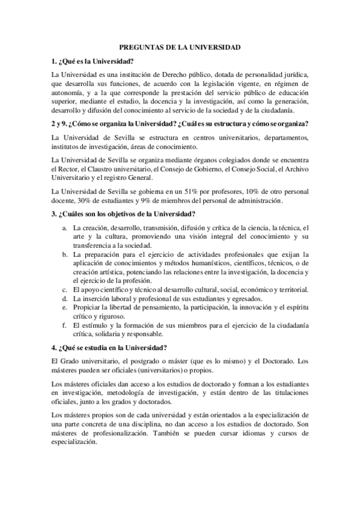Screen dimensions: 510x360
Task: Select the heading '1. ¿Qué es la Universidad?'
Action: [93, 61]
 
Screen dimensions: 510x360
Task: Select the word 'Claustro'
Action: [102, 170]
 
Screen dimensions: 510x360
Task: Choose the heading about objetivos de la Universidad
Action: [123, 215]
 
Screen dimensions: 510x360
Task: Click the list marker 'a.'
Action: [65, 229]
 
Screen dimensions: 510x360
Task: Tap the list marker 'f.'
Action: [65, 325]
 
